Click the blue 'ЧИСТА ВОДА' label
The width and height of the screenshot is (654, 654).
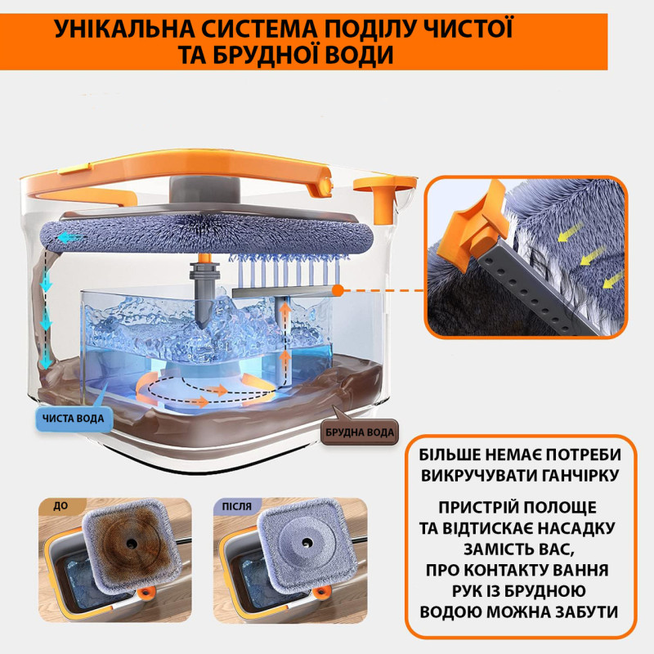(74, 419)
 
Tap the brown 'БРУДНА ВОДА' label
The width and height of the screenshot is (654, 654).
(360, 432)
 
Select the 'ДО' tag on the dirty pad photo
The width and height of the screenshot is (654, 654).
(60, 506)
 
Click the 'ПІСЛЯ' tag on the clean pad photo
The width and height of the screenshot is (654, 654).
(237, 506)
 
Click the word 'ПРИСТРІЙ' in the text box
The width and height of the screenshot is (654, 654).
(477, 508)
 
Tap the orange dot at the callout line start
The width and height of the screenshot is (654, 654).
(338, 291)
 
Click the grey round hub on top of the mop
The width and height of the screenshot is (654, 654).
(204, 190)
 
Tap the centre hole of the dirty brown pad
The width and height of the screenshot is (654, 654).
(132, 543)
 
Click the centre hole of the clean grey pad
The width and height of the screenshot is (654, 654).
(307, 543)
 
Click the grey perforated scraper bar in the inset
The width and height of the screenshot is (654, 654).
(539, 290)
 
